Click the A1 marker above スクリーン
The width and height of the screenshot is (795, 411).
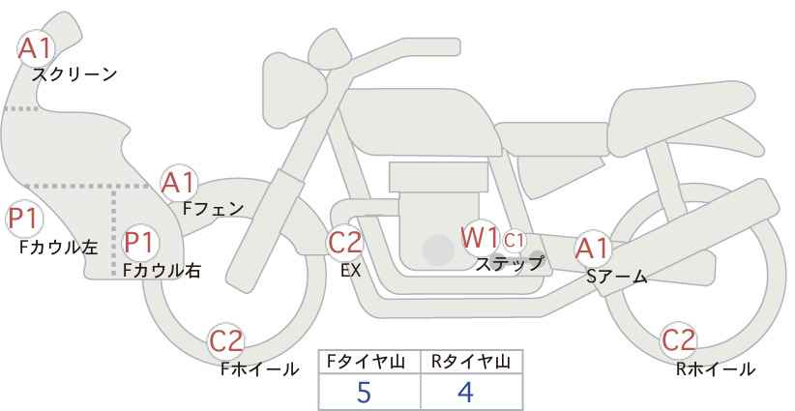35,48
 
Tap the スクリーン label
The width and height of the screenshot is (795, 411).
74,75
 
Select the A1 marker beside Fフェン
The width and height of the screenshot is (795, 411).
179,183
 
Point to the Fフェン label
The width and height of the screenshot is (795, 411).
213,209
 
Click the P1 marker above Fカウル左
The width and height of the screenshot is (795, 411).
24,220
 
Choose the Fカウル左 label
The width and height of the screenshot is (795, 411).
58,248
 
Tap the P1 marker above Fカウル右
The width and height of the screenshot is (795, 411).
139,242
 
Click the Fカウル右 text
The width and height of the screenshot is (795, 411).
162,271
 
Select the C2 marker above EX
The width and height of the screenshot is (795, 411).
344,242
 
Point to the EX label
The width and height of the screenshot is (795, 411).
351,271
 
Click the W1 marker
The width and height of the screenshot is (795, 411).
480,237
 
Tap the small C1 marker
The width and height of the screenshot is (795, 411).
514,240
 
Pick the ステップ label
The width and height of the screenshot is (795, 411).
509,264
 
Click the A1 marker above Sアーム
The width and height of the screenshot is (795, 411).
593,249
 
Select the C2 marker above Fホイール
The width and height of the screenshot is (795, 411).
226,341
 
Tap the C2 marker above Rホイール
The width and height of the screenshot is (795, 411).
678,340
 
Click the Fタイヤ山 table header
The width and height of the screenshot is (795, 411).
369,363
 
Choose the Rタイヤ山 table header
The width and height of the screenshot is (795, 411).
472,363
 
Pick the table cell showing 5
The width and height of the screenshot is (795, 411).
369,392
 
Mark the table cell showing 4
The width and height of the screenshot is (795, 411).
472,392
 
